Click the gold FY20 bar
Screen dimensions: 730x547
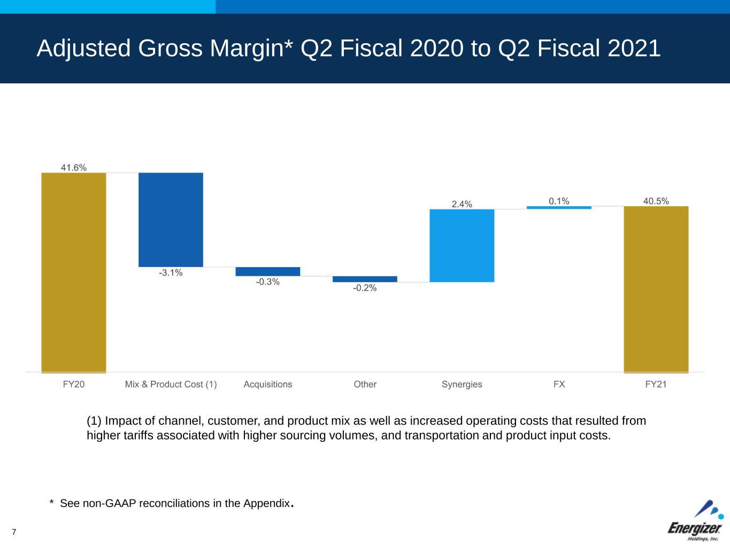pos(73,272)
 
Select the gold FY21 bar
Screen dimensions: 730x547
pos(656,290)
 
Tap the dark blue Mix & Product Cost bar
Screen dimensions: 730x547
pos(171,220)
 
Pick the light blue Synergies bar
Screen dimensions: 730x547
pos(462,245)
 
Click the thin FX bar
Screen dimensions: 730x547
pos(559,208)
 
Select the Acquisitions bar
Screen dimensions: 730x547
pos(268,271)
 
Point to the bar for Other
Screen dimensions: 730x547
pos(365,279)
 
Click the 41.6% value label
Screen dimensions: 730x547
pos(73,168)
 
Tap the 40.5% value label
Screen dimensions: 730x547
pos(656,201)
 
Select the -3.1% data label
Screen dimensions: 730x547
pos(171,272)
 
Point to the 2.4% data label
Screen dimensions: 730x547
pos(462,204)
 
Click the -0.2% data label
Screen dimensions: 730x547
pos(365,287)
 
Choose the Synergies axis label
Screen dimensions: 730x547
pos(462,384)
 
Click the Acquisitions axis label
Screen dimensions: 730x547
pos(268,384)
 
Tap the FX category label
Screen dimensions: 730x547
pos(559,384)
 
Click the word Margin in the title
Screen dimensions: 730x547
pos(247,49)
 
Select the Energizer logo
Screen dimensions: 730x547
pos(696,520)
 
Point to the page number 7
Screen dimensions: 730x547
pos(14,532)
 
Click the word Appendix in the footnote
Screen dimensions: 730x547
pos(266,504)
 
